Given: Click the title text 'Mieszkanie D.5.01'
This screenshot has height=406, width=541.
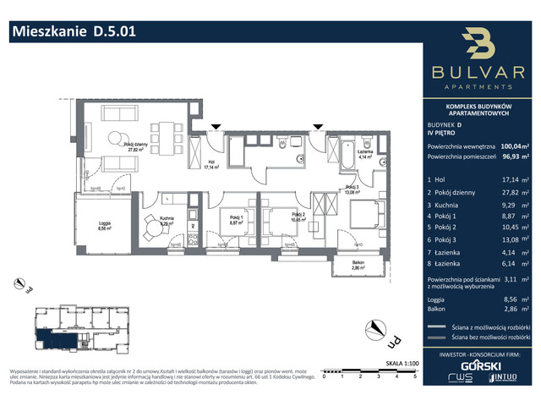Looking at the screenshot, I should click(72, 31).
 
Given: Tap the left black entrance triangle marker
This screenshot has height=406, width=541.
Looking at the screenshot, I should click(217, 127).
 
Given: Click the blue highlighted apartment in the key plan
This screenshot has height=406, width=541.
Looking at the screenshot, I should click(60, 339).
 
